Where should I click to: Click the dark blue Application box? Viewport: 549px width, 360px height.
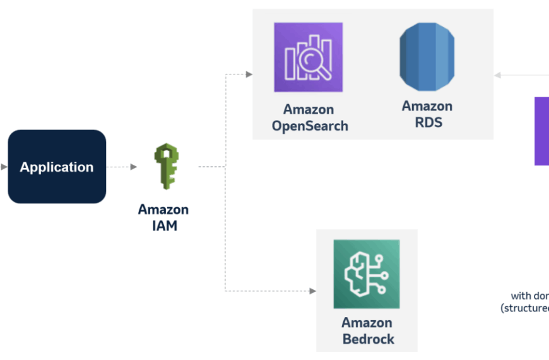pyautogui.click(x=57, y=167)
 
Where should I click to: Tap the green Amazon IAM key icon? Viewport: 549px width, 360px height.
pyautogui.click(x=167, y=167)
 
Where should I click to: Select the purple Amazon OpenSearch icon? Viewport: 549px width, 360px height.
pyautogui.click(x=308, y=57)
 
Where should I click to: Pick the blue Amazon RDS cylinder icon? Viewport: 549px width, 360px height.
pyautogui.click(x=427, y=57)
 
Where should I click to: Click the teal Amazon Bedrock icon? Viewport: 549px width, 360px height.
pyautogui.click(x=367, y=274)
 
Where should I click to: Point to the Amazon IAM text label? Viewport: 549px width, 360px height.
pyautogui.click(x=163, y=217)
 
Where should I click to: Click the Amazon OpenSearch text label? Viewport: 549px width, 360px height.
pyautogui.click(x=310, y=117)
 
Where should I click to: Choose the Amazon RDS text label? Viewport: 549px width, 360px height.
pyautogui.click(x=427, y=114)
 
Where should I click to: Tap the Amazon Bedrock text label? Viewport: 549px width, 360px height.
pyautogui.click(x=368, y=331)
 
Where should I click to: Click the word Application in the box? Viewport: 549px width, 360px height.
pyautogui.click(x=57, y=167)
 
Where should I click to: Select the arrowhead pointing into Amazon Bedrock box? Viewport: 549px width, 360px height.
pyautogui.click(x=312, y=291)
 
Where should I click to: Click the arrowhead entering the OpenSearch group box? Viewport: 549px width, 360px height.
pyautogui.click(x=249, y=75)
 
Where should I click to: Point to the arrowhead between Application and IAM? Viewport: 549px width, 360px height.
pyautogui.click(x=133, y=167)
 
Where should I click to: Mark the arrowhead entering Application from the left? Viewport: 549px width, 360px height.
pyautogui.click(x=4, y=167)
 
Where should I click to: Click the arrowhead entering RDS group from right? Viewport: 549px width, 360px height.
pyautogui.click(x=497, y=75)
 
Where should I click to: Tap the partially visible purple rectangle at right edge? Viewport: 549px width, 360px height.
pyautogui.click(x=541, y=131)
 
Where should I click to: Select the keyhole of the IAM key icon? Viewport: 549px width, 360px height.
pyautogui.click(x=167, y=154)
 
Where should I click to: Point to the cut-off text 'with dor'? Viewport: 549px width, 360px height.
pyautogui.click(x=529, y=296)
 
